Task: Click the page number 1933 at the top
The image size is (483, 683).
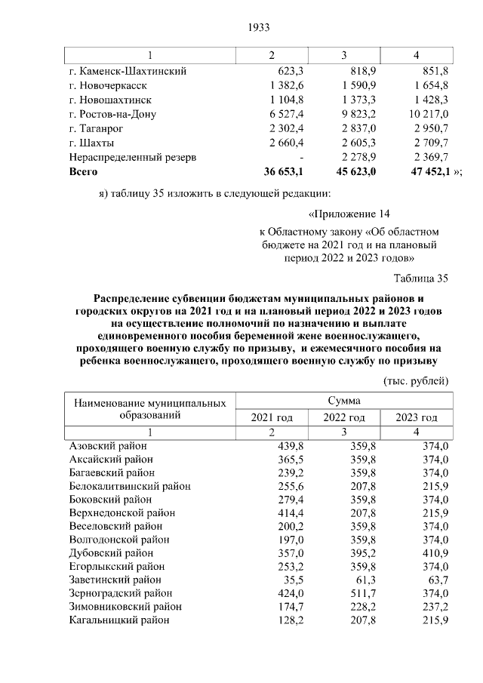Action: pyautogui.click(x=259, y=28)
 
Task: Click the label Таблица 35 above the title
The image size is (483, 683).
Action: pyautogui.click(x=420, y=278)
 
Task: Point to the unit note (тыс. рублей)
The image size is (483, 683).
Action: pyautogui.click(x=417, y=380)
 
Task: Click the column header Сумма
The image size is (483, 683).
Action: pyautogui.click(x=344, y=401)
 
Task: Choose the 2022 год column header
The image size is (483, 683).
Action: pyautogui.click(x=344, y=417)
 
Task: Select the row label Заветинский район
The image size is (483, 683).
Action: pyautogui.click(x=115, y=580)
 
